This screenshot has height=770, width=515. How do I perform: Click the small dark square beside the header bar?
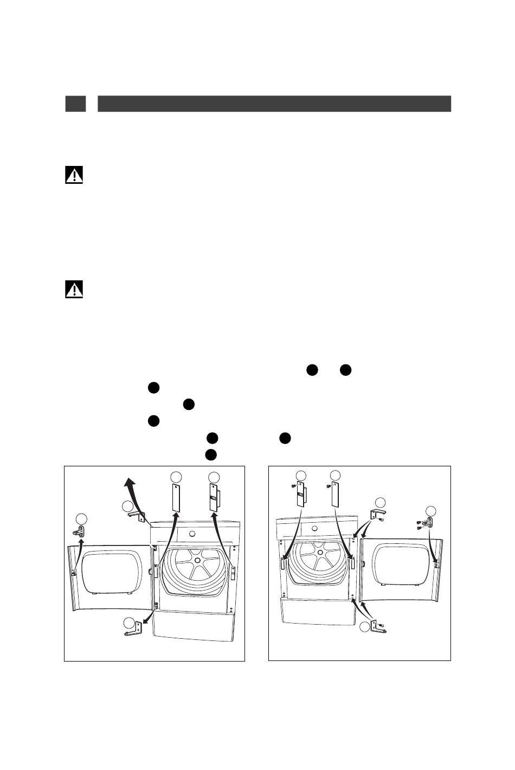[x=75, y=104]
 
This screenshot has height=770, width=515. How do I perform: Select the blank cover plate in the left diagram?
[x=175, y=497]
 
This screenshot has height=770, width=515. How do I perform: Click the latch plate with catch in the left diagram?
[x=214, y=496]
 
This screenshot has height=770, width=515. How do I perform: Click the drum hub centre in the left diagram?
[x=197, y=560]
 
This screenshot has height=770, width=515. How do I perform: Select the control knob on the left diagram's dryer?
[x=191, y=532]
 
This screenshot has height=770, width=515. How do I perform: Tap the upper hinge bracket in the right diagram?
[x=377, y=514]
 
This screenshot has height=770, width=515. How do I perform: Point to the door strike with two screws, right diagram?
[x=429, y=523]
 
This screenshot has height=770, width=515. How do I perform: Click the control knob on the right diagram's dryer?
[x=314, y=528]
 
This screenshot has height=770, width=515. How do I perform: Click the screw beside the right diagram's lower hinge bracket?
[x=382, y=626]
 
